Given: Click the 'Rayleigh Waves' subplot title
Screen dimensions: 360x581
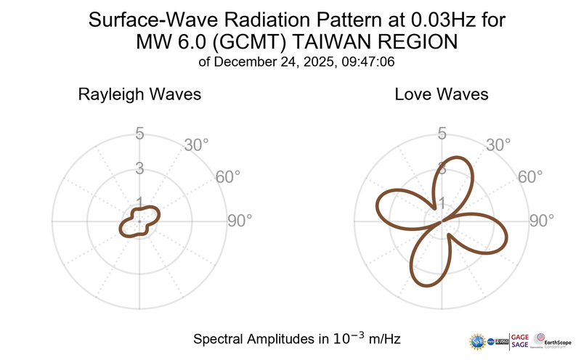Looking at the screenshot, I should tap(139, 95).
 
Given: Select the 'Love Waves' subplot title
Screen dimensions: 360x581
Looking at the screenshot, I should tap(442, 95).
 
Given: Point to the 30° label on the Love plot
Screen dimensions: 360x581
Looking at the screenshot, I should tap(499, 144).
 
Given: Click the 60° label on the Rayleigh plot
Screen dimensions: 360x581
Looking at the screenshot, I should tap(229, 177).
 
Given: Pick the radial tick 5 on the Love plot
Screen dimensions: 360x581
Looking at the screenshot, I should tap(442, 134).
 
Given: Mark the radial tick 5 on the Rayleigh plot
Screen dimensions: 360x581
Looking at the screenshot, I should tap(139, 134).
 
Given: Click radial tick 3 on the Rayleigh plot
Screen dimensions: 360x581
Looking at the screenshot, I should tap(139, 168).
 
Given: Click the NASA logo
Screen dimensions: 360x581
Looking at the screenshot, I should tap(493, 340).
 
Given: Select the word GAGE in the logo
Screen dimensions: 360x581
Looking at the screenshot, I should tap(521, 335).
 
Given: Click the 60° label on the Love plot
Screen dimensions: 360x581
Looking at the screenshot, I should tap(531, 177).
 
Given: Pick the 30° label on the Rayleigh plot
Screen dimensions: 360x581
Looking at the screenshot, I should tap(197, 144).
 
